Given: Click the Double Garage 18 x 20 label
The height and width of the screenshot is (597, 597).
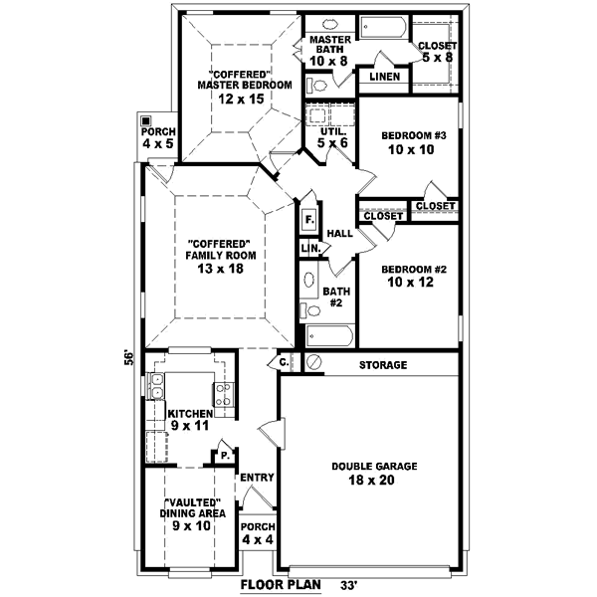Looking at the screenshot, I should pos(374,474).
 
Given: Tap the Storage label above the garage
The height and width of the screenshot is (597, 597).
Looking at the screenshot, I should pos(382,365).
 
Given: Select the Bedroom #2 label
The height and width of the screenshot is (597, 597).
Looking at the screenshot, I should pos(411,276).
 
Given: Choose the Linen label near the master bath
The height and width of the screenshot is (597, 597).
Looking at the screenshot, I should pos(385,77).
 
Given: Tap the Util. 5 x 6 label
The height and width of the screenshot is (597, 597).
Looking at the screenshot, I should pos(332,137).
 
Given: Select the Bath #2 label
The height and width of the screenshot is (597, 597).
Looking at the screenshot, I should pos(334,298).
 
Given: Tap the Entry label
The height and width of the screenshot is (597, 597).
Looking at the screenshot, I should pos(257,479).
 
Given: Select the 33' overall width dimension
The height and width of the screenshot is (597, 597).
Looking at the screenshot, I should pos(349,584).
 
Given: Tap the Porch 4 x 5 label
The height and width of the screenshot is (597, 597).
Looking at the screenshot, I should pos(157,138).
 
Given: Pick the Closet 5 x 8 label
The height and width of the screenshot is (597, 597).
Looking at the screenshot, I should pos(437,51).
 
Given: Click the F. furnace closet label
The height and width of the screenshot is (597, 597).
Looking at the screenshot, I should pos(310,219).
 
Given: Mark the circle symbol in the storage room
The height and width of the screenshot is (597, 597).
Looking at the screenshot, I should pos(313,362).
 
